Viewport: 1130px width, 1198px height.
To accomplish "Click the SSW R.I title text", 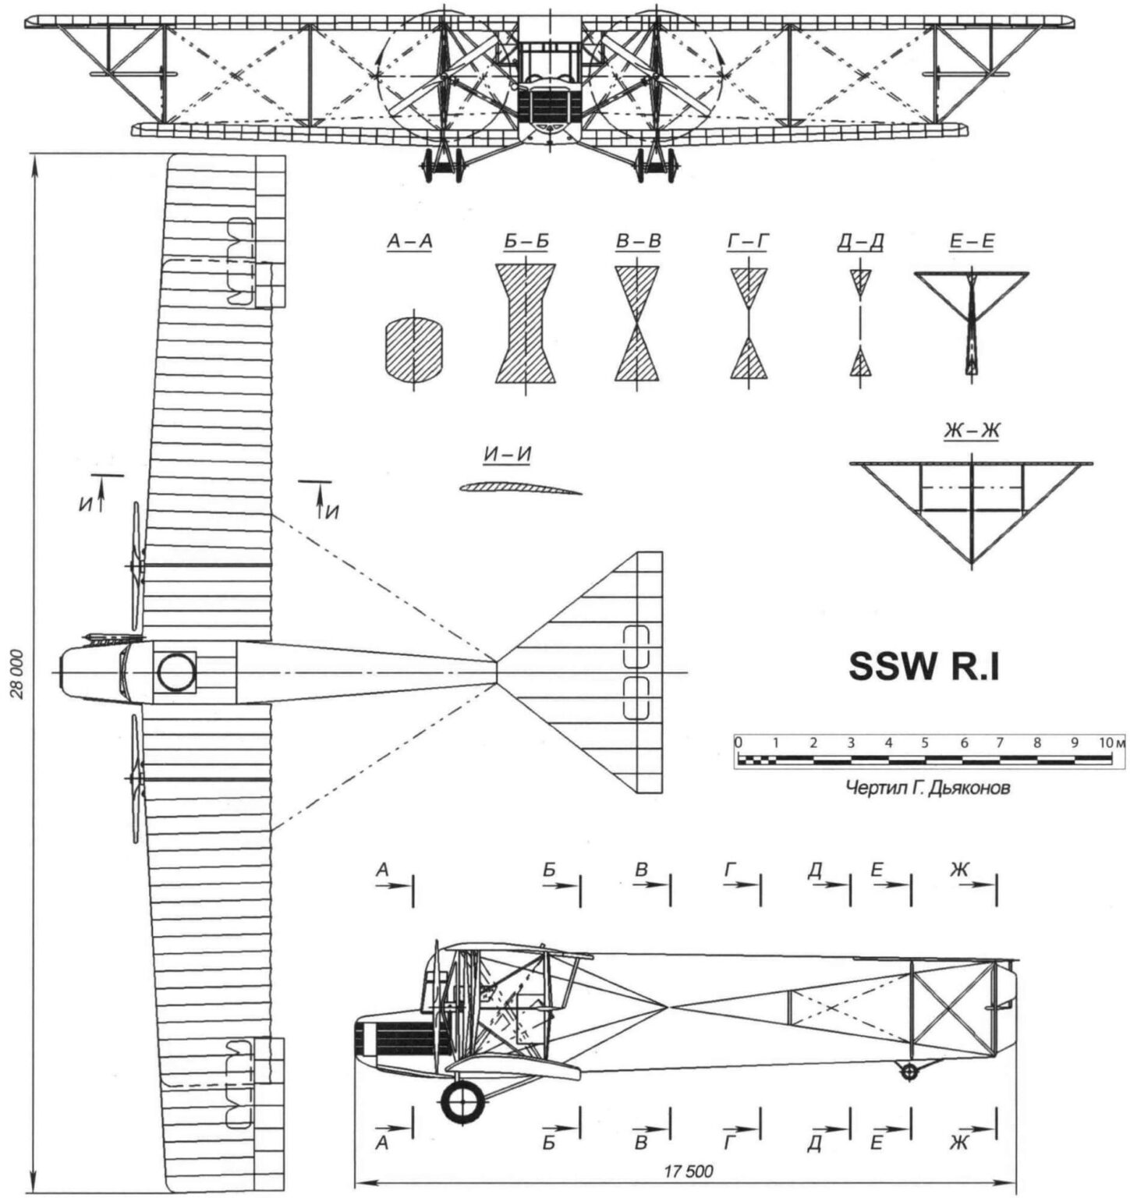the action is click(923, 668).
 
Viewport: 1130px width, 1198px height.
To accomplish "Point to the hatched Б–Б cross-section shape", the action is click(526, 324).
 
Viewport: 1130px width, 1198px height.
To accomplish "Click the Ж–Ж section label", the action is click(971, 431).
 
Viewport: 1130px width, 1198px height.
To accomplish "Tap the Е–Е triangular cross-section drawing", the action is click(971, 307).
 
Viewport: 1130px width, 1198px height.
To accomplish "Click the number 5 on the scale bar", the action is click(925, 743).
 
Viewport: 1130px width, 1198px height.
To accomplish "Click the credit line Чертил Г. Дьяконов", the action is click(928, 788).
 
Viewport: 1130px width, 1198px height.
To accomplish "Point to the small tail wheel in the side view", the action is click(909, 1072).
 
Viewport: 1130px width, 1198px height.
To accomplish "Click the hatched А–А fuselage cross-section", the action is click(413, 348).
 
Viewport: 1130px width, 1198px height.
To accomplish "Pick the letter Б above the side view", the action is click(551, 870).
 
